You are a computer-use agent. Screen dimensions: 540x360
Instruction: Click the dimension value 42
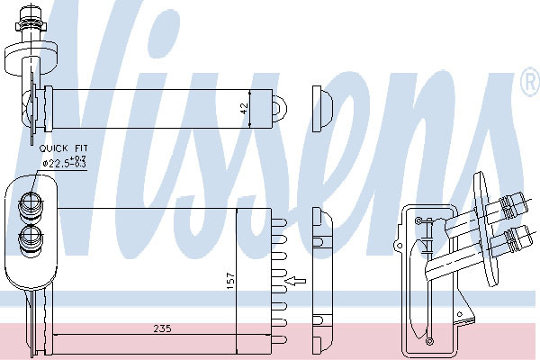(x=244, y=109)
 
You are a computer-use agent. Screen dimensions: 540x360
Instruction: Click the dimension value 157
(x=230, y=280)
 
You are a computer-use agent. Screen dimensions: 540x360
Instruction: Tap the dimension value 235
(x=162, y=328)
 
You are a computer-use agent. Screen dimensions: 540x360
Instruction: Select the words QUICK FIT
(x=64, y=148)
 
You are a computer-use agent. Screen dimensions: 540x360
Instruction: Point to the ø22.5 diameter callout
(x=65, y=162)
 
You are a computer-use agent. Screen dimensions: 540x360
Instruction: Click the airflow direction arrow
(x=296, y=281)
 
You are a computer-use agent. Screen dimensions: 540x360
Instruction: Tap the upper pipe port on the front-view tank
(x=31, y=206)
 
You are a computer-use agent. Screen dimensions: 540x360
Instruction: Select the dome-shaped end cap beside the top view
(x=323, y=109)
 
